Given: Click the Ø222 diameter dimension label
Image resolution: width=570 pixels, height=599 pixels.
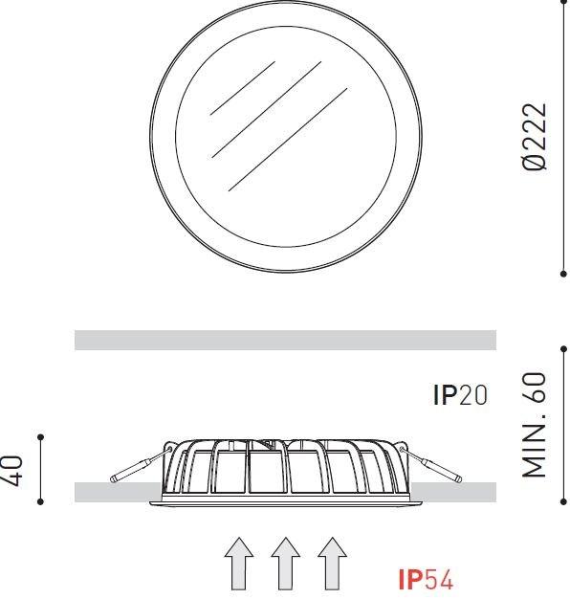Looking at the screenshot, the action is click(x=535, y=137).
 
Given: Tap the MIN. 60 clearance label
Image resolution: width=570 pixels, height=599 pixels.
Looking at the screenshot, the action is click(x=535, y=425).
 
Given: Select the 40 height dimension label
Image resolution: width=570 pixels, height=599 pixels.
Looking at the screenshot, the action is click(x=12, y=470).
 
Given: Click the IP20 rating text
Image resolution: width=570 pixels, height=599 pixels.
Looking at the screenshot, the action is click(x=460, y=395).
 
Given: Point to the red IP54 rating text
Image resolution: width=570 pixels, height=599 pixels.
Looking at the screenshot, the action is click(x=426, y=580).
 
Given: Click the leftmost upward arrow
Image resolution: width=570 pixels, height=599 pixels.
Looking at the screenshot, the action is click(x=239, y=564).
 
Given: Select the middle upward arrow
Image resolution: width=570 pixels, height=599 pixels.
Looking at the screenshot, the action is click(x=286, y=564).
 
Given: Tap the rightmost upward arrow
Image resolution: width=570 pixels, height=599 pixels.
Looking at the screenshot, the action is click(x=332, y=564).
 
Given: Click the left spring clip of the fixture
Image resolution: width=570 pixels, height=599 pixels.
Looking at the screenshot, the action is click(x=141, y=464).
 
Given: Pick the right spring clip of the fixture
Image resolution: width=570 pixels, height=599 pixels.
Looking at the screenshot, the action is click(x=431, y=464).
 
